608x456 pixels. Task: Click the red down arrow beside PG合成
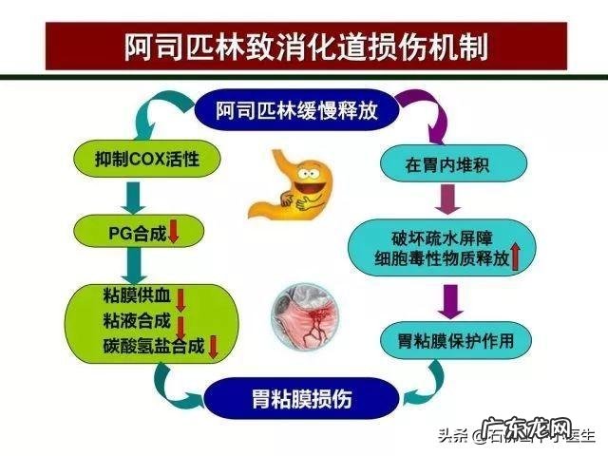pos(173,230)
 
